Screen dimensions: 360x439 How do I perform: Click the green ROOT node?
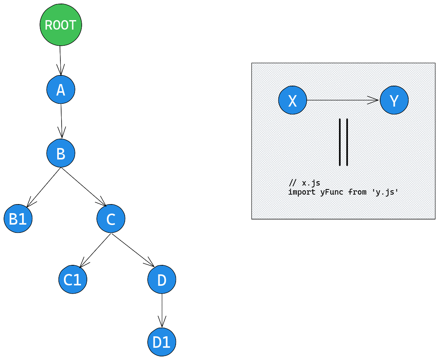coord(61,25)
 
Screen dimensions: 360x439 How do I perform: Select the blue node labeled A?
coord(61,90)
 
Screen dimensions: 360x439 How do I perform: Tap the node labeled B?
coord(61,153)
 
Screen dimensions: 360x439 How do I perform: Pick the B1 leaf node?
coord(18,219)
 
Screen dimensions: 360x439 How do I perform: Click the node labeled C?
coord(111,219)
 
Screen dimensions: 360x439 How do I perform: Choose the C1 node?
coord(73,279)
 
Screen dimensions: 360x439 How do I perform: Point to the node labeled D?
coord(162,279)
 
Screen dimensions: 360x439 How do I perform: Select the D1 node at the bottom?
coord(161,342)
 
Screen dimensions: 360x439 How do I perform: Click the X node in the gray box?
coord(293,101)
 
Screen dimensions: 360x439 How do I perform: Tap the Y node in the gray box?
coord(394,101)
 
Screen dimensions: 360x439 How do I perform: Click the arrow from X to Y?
coord(342,100)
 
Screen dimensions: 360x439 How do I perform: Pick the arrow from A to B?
coord(61,121)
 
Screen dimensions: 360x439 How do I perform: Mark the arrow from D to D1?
coord(162,310)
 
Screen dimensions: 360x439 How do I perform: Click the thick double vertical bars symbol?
coord(343,142)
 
